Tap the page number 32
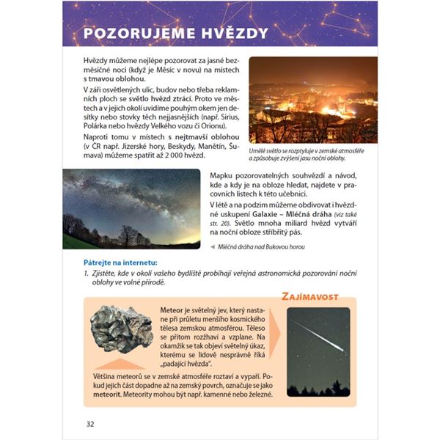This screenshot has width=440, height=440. [x=90, y=424]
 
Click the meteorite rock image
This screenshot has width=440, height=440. [x=121, y=327]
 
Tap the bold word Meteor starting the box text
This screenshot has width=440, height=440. [x=172, y=310]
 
